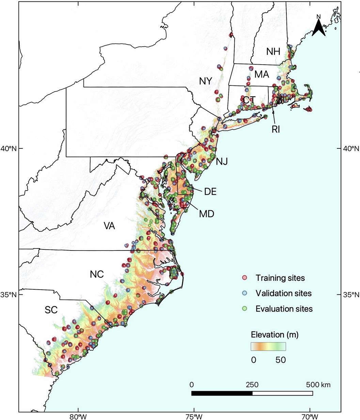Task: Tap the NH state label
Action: click(273, 52)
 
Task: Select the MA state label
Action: click(262, 74)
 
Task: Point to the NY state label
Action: click(206, 81)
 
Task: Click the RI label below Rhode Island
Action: click(276, 130)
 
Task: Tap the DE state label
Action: click(210, 191)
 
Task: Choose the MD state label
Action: click(206, 214)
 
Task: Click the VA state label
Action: click(109, 226)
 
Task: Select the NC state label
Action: click(97, 274)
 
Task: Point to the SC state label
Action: click(51, 310)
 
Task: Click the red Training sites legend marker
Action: click(244, 278)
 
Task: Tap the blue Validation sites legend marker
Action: click(244, 293)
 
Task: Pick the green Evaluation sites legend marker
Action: click(244, 309)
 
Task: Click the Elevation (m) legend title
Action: click(275, 335)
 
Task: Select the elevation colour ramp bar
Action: click(268, 346)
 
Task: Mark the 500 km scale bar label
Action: click(318, 385)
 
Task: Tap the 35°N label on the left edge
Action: click(9, 294)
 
